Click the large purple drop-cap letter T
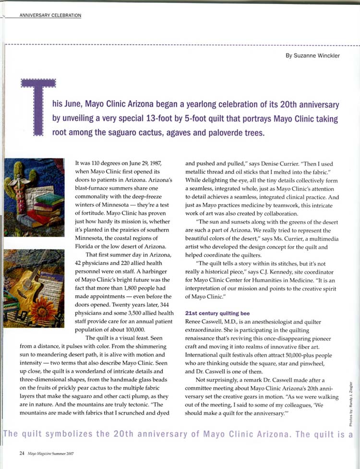(x=39, y=106)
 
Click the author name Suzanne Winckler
(x=312, y=55)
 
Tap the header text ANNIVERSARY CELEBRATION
(x=50, y=15)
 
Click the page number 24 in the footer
(x=22, y=453)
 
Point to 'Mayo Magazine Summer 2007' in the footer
(x=50, y=453)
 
